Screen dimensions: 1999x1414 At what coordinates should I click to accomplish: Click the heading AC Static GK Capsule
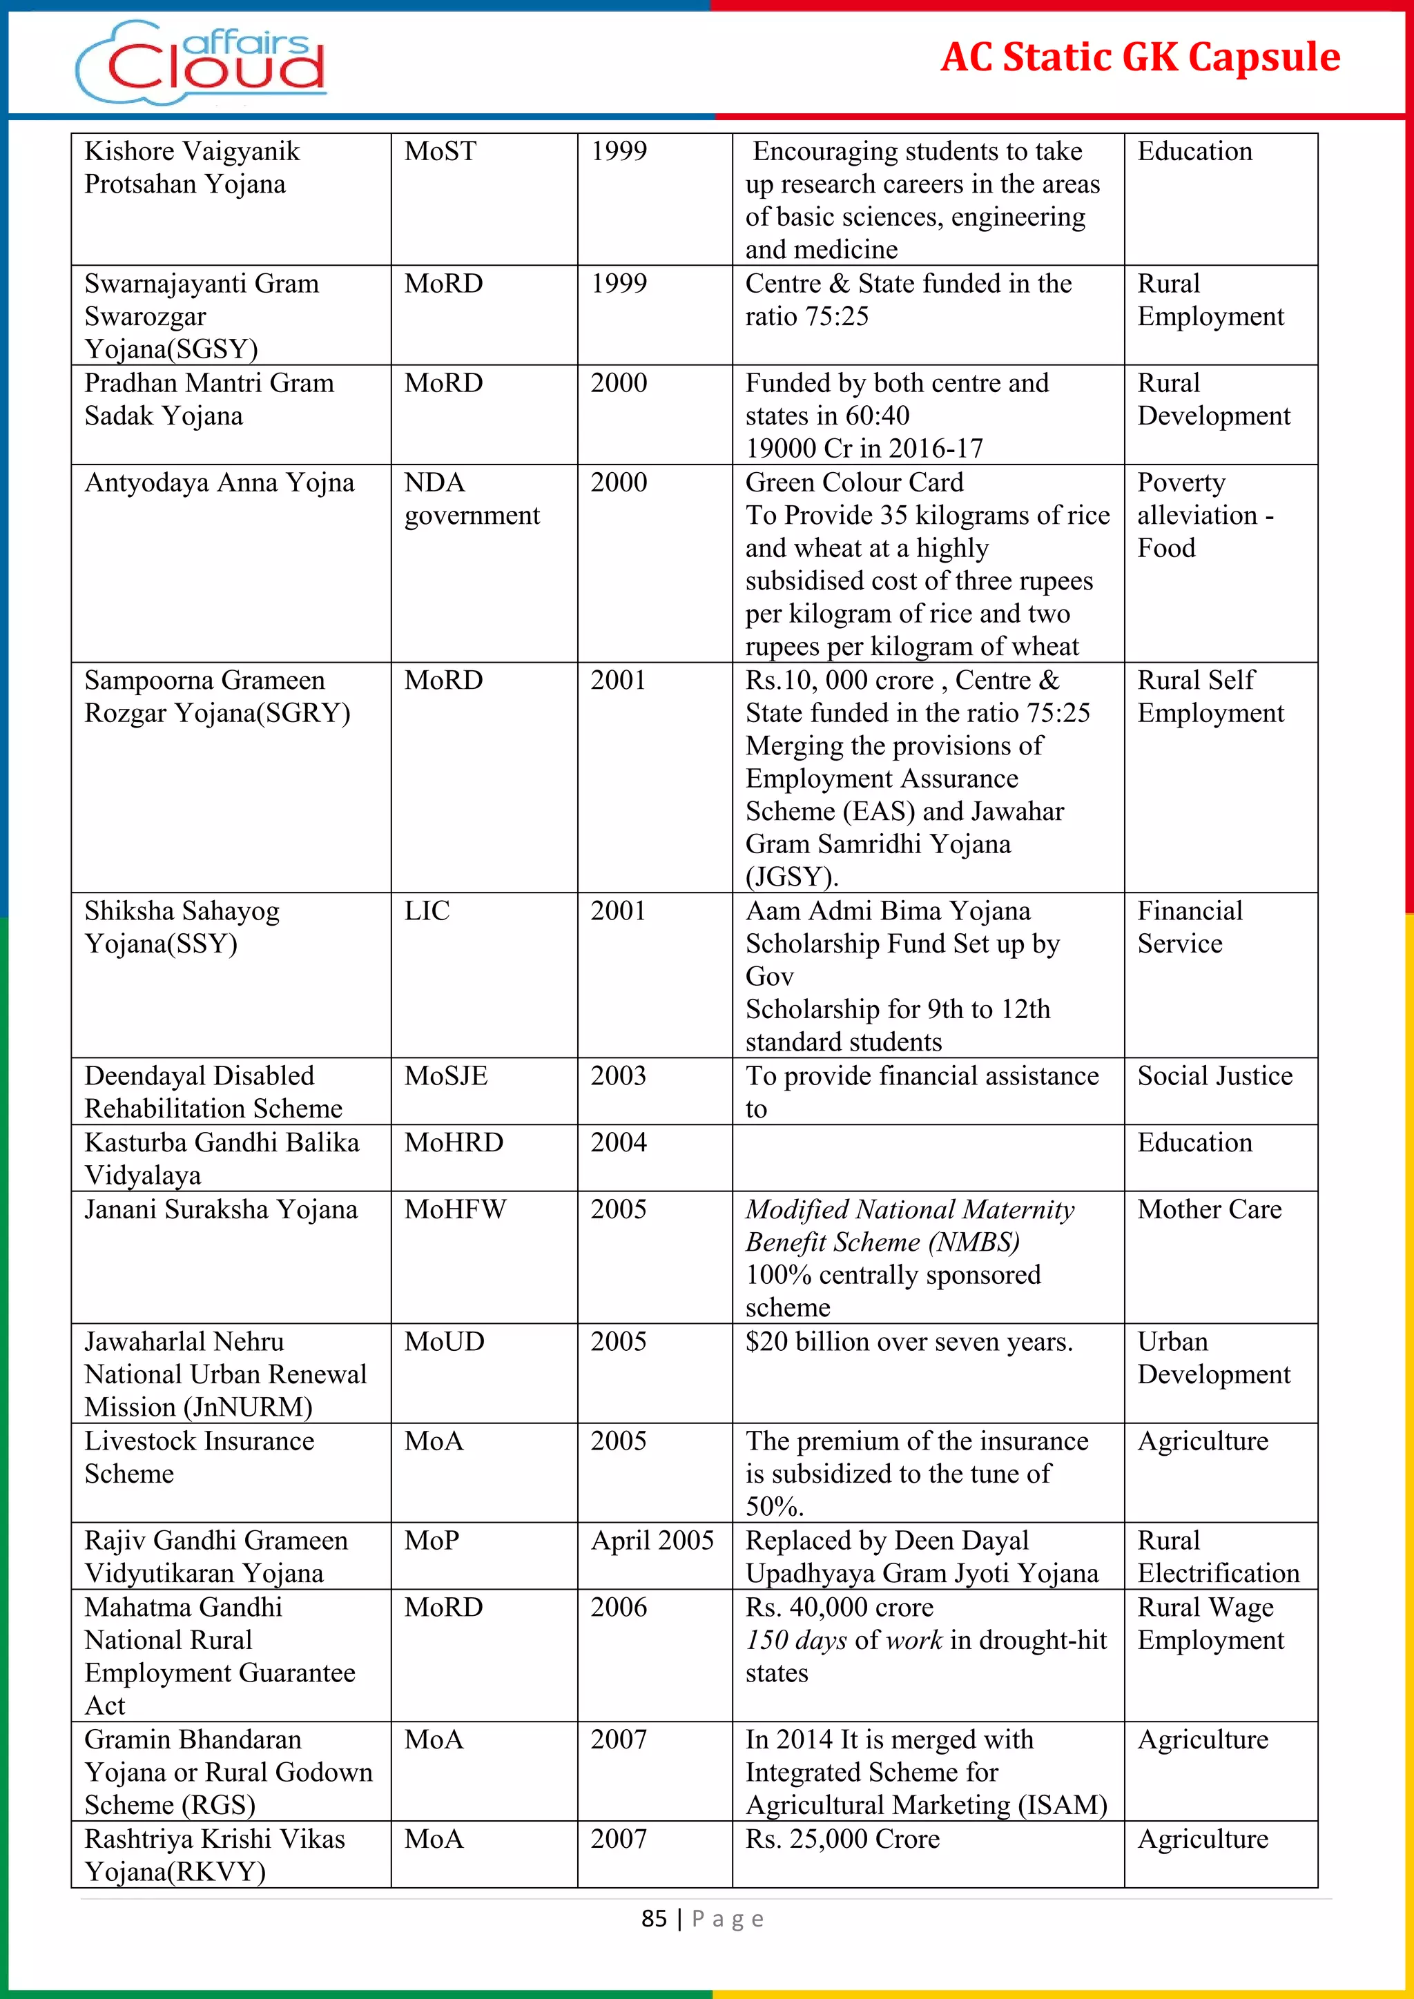pyautogui.click(x=1140, y=57)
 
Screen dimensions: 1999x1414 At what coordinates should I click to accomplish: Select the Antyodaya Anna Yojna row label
pyautogui.click(x=220, y=483)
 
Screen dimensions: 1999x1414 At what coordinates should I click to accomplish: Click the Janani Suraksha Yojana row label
pyautogui.click(x=221, y=1209)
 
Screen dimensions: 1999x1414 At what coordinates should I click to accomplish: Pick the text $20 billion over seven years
pyautogui.click(x=909, y=1342)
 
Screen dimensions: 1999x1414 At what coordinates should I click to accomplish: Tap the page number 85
pyautogui.click(x=654, y=1919)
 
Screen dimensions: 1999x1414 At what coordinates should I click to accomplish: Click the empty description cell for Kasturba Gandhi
pyautogui.click(x=927, y=1158)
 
